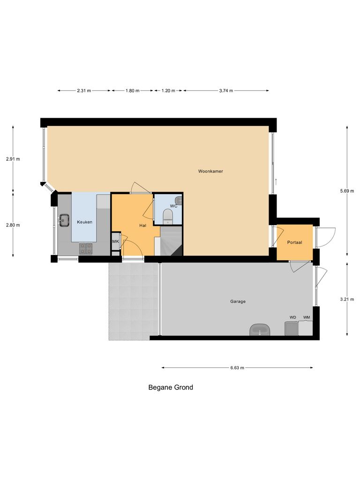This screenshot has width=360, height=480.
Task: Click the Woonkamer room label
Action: tap(210, 172)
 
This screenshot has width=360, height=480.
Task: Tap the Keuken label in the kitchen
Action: tap(85, 222)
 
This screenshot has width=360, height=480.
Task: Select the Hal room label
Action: tap(143, 225)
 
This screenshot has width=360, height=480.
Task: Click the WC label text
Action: tap(173, 206)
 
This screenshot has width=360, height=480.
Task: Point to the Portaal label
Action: tap(294, 242)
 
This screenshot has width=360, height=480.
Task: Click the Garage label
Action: tap(238, 301)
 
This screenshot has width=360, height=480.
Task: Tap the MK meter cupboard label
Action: tap(115, 241)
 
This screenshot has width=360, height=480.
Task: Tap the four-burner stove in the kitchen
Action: tap(85, 248)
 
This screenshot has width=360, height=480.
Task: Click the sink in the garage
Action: tap(259, 330)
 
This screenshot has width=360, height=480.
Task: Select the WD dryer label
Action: tap(292, 317)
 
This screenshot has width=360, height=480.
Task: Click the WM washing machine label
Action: tap(307, 317)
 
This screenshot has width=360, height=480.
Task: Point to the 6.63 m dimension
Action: tap(237, 368)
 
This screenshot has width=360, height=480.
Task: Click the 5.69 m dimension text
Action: tap(347, 191)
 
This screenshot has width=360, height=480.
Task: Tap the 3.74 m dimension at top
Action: tap(226, 91)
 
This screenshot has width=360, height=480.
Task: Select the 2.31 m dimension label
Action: tap(84, 91)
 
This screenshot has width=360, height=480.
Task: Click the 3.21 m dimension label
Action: tap(347, 299)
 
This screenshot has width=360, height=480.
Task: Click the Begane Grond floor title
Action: tap(171, 388)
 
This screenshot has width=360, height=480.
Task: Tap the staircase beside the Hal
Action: tap(171, 240)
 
